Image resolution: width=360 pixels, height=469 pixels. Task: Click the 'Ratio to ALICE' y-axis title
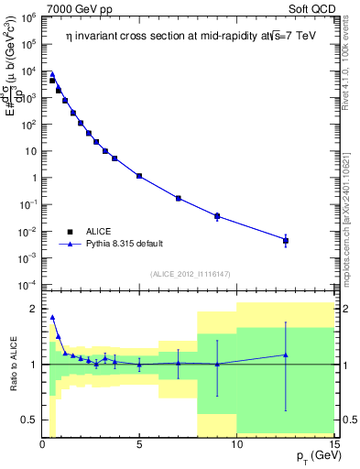tap(13, 364)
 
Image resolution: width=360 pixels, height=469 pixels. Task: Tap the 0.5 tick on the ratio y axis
tap(28, 420)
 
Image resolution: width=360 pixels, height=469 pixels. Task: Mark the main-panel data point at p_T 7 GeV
tap(178, 198)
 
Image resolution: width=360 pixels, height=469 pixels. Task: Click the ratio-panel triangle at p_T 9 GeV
tap(217, 364)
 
